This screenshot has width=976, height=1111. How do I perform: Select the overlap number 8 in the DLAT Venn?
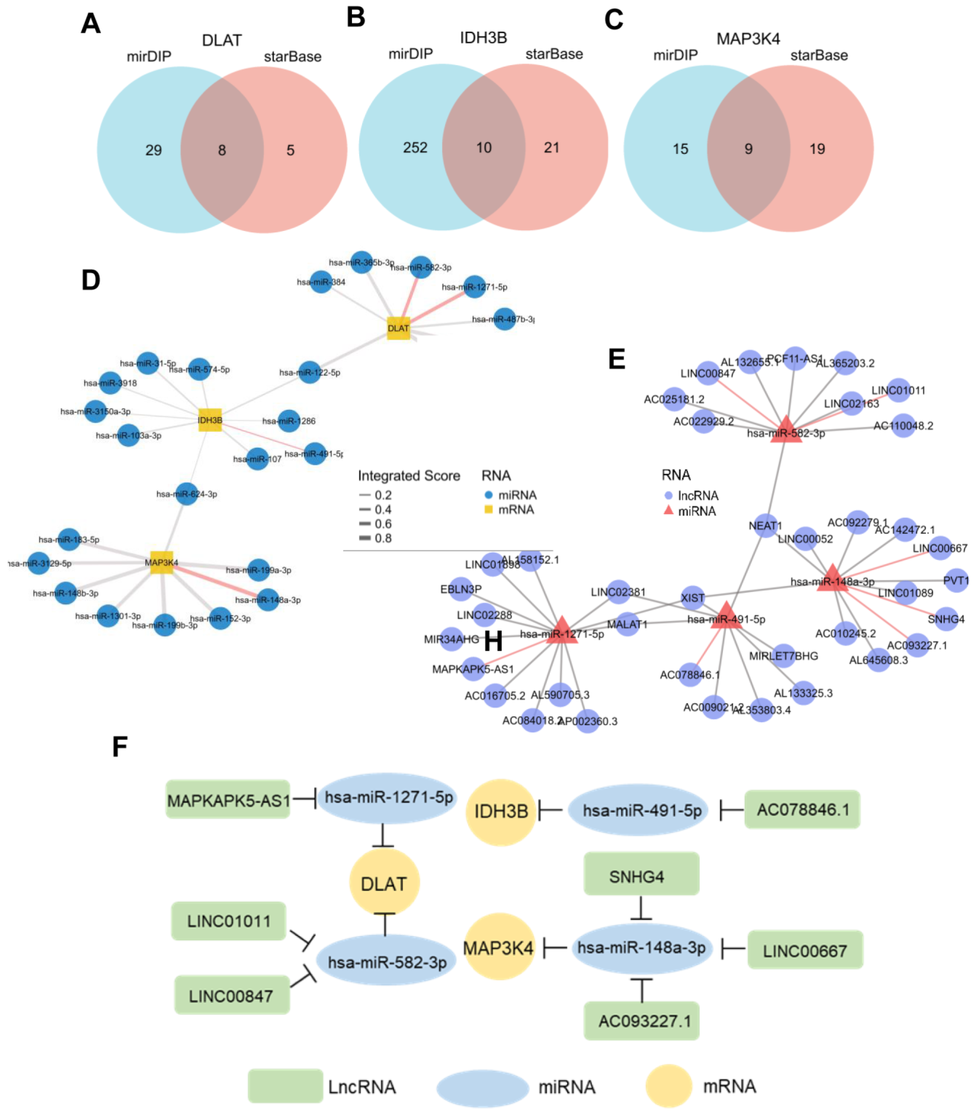(x=222, y=150)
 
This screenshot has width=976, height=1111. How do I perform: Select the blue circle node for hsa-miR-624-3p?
(x=186, y=493)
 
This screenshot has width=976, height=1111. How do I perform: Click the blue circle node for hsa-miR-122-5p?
(x=309, y=372)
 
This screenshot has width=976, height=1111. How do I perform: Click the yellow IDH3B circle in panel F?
(x=500, y=811)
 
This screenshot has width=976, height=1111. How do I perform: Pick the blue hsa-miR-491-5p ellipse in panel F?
(x=638, y=810)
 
